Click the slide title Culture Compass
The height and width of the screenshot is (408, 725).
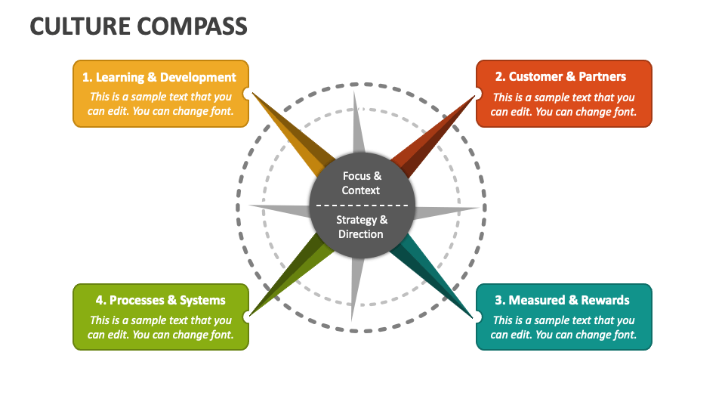pos(138,26)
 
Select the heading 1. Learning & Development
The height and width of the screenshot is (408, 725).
pos(159,77)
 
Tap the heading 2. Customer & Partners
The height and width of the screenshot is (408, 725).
pos(560,77)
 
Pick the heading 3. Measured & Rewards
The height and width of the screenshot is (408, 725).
pos(562,300)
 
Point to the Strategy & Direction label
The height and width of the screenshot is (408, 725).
pos(361,227)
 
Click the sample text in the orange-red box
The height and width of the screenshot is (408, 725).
pos(563,104)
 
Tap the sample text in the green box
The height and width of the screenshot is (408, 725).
pos(160,327)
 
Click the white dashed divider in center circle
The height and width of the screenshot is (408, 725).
pos(361,206)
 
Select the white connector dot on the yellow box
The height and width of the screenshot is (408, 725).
pos(247,94)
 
